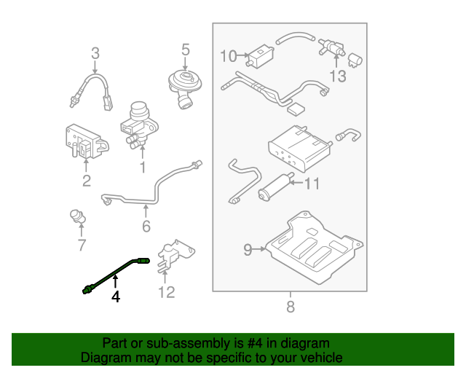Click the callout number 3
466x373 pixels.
pos(95,52)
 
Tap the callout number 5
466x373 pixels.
pos(185,50)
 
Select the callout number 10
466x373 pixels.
pos(228,56)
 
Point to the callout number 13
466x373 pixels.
pos(338,76)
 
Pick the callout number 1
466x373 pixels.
pos(143,168)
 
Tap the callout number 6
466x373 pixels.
pos(146,226)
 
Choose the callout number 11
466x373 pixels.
pos(312,184)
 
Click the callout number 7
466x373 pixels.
pos(82,246)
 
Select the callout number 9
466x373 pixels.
pos(248,250)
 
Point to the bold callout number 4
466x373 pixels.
pos(114,297)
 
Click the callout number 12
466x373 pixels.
pos(167,292)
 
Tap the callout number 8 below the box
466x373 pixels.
pos(291,307)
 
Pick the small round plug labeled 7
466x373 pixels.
pos(75,216)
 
